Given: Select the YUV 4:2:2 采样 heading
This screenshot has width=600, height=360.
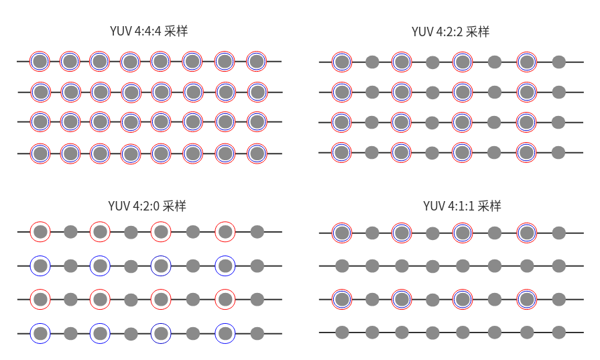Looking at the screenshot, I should pyautogui.click(x=450, y=32).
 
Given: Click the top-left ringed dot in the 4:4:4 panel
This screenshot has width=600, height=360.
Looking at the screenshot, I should pyautogui.click(x=40, y=62).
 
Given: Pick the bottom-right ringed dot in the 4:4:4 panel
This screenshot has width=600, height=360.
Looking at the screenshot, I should pyautogui.click(x=256, y=154).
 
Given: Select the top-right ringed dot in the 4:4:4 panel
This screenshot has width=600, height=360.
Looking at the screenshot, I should pyautogui.click(x=256, y=62).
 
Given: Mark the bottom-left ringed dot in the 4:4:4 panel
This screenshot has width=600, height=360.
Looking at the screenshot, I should pyautogui.click(x=40, y=154).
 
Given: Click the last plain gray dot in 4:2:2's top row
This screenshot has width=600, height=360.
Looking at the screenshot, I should pyautogui.click(x=558, y=62).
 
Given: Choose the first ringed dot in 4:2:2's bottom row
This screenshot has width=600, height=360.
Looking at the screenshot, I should pyautogui.click(x=342, y=153).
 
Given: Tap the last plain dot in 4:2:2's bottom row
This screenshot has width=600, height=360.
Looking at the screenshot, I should pyautogui.click(x=558, y=153).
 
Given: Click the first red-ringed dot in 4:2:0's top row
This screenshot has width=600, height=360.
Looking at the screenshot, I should pyautogui.click(x=40, y=232).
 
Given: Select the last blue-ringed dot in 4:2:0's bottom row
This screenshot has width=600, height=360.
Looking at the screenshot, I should pyautogui.click(x=225, y=333).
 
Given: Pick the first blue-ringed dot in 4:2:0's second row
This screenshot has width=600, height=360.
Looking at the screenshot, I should pyautogui.click(x=40, y=265).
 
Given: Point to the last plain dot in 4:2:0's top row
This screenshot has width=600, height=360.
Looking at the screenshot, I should pyautogui.click(x=257, y=232).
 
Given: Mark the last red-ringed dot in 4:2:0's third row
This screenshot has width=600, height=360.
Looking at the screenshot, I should pyautogui.click(x=225, y=299).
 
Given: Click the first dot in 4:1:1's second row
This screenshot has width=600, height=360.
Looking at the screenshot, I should pyautogui.click(x=342, y=265).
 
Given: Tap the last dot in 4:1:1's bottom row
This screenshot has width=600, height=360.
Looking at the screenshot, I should pyautogui.click(x=558, y=332).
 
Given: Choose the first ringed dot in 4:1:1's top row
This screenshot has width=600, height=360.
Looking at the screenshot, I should pyautogui.click(x=342, y=233).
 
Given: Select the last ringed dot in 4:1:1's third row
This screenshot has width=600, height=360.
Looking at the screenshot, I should pyautogui.click(x=527, y=299).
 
